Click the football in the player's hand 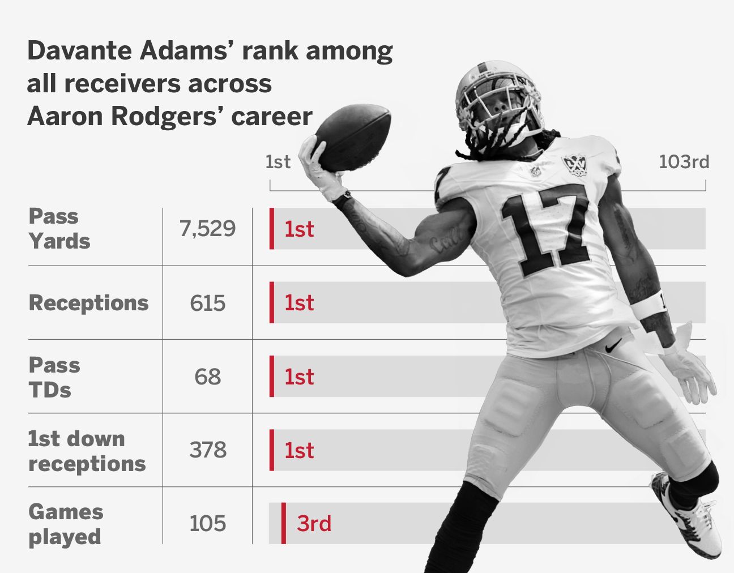click(x=352, y=137)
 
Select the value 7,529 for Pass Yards click(x=207, y=229)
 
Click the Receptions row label click(x=88, y=303)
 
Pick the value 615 click(x=207, y=303)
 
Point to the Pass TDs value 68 click(x=207, y=377)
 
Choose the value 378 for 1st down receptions click(x=207, y=450)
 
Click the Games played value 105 click(x=207, y=523)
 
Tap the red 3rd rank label click(x=314, y=523)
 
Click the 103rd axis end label click(x=684, y=162)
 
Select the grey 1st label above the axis click(x=278, y=162)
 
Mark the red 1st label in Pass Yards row click(x=299, y=229)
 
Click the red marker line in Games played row click(x=284, y=523)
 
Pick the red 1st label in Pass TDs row click(x=299, y=377)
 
